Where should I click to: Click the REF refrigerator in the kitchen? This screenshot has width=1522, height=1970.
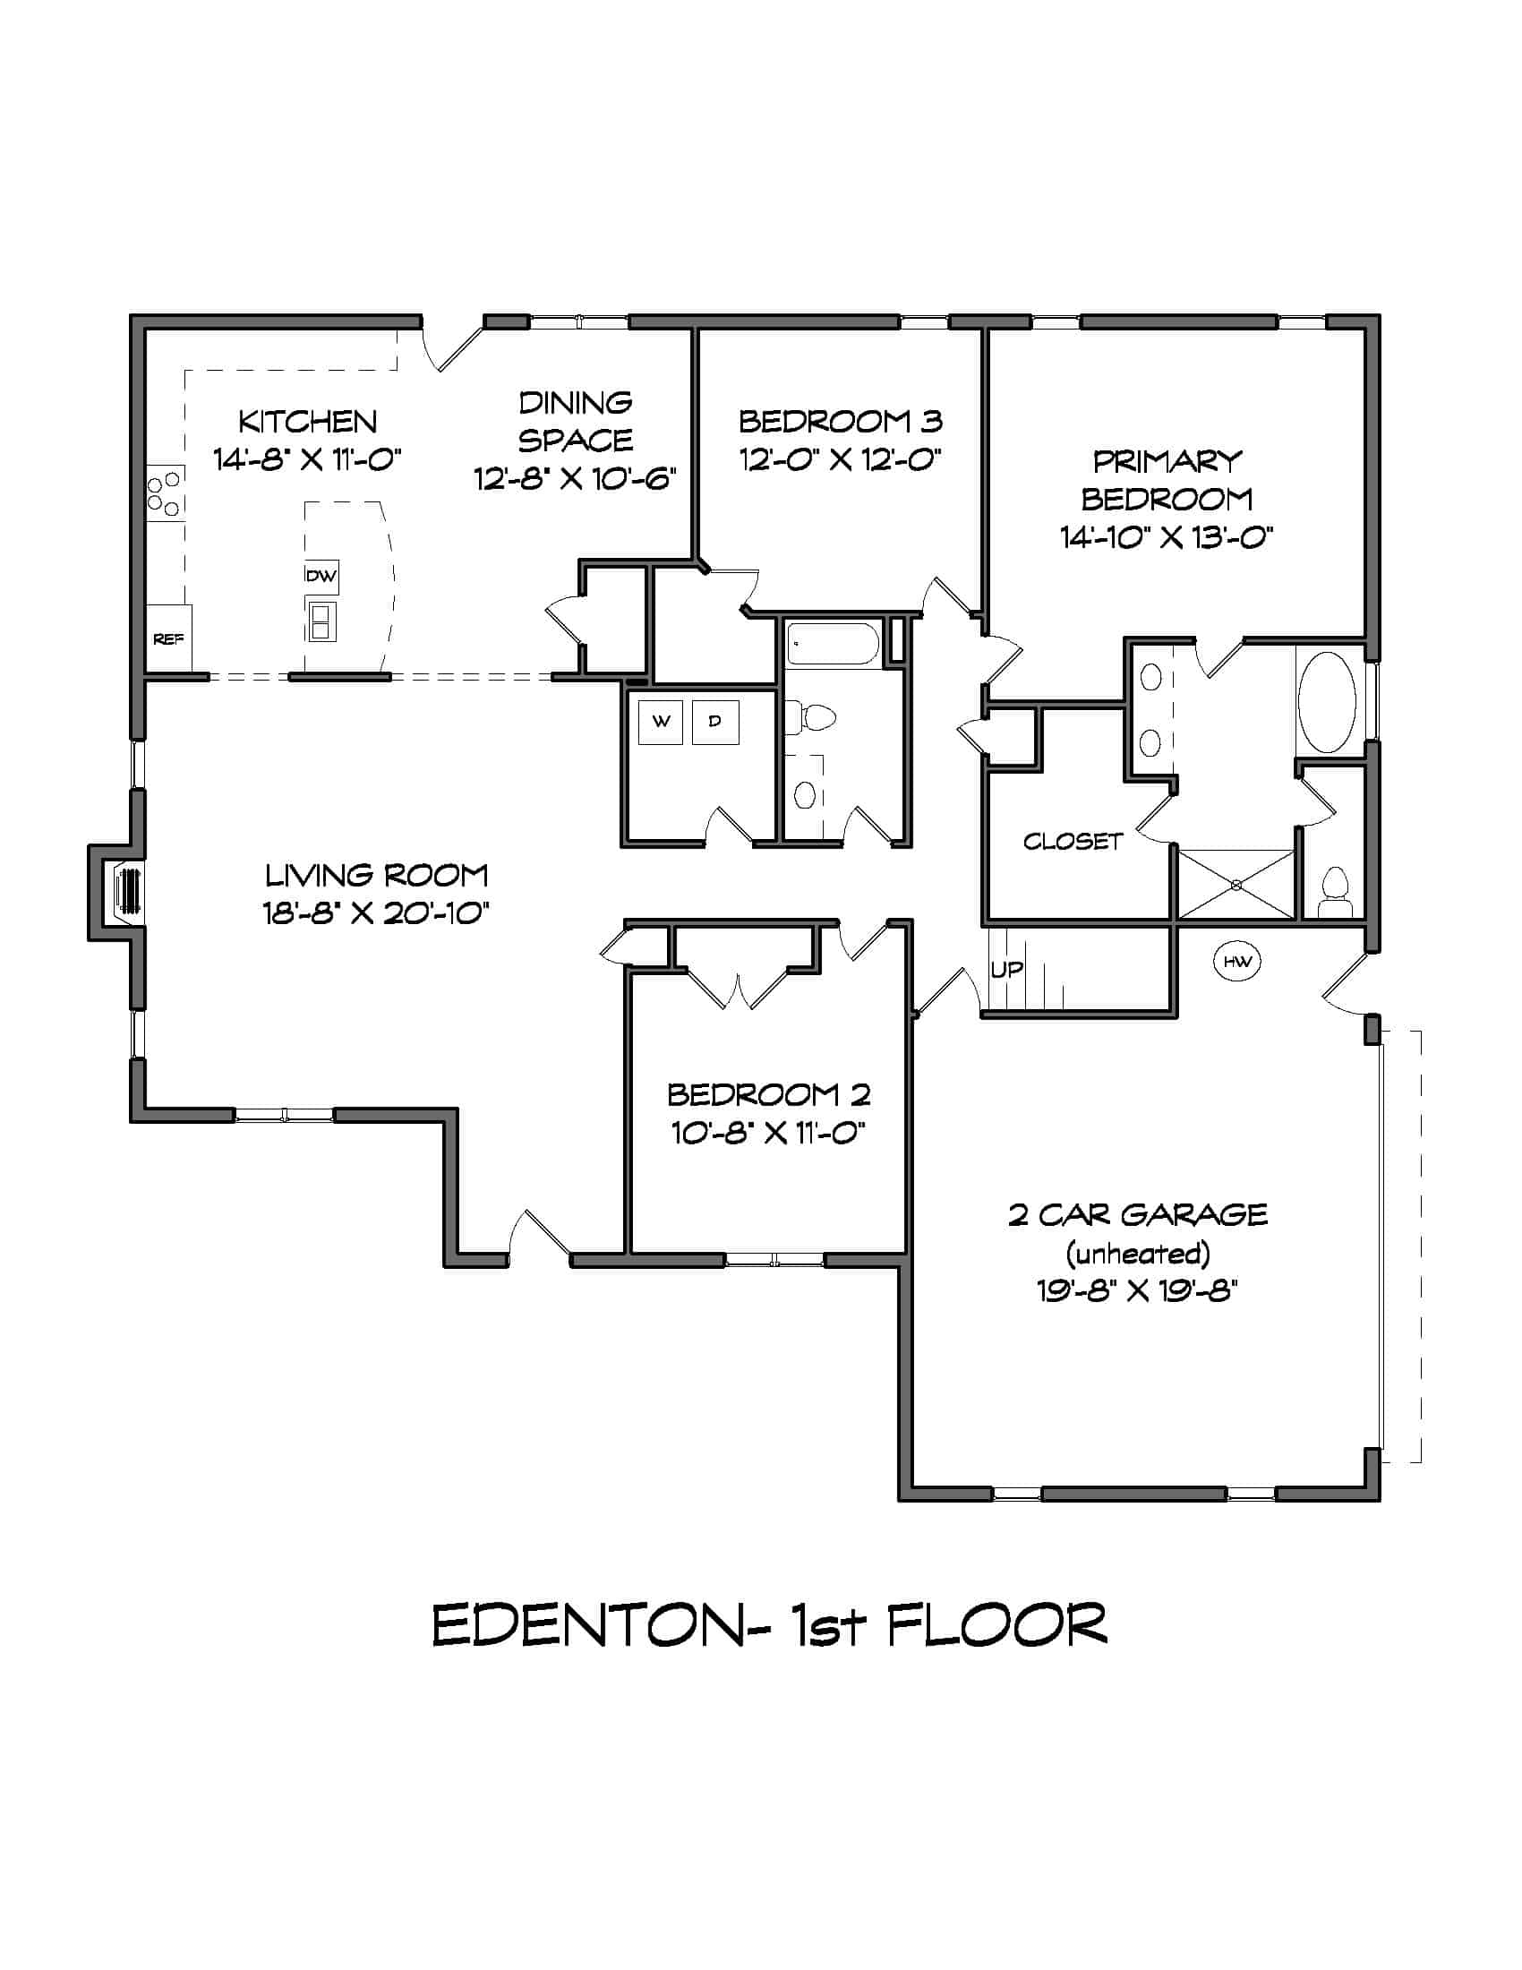click(168, 638)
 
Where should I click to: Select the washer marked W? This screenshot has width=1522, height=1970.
click(661, 722)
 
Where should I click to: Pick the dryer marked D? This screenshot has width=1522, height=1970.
click(715, 722)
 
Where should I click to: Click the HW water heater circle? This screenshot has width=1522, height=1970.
click(1237, 962)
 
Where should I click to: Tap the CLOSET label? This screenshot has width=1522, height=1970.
click(1072, 842)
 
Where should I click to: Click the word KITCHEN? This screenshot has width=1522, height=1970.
click(307, 421)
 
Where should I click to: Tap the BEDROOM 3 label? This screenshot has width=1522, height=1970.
click(841, 421)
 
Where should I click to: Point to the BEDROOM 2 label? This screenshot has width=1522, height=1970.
click(768, 1094)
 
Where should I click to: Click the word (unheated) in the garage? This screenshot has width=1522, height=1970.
click(1138, 1253)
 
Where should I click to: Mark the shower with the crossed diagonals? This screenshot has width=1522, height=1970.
click(1236, 885)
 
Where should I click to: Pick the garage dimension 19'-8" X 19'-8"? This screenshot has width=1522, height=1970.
click(1137, 1290)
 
